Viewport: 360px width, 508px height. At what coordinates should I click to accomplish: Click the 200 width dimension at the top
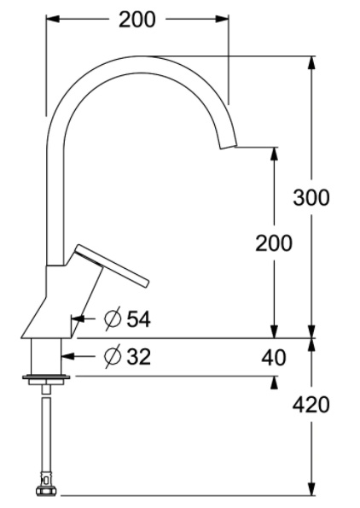click(x=137, y=20)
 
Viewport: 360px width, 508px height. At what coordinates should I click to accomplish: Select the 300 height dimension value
click(x=311, y=197)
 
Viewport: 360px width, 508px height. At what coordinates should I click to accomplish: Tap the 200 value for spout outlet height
click(x=274, y=243)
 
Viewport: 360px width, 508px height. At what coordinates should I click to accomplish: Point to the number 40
click(x=274, y=358)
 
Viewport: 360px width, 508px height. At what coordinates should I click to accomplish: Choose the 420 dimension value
click(x=311, y=405)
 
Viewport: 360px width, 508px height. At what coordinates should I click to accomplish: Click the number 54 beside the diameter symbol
click(x=138, y=319)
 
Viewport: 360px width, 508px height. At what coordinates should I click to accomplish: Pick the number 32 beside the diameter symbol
click(x=138, y=357)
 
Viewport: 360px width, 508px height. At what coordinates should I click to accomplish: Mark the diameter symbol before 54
click(x=113, y=318)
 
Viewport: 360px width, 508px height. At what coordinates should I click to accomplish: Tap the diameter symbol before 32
click(x=113, y=356)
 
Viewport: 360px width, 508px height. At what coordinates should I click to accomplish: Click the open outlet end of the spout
click(x=229, y=146)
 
